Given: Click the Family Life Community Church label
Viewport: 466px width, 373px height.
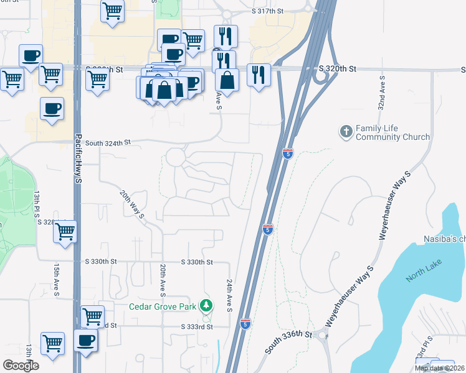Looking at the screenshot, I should pyautogui.click(x=392, y=132).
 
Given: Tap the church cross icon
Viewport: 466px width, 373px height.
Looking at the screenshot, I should pyautogui.click(x=346, y=132).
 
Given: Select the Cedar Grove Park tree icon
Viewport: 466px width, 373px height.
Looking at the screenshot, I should pyautogui.click(x=206, y=305).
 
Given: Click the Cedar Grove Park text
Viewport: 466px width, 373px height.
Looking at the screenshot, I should pyautogui.click(x=163, y=306).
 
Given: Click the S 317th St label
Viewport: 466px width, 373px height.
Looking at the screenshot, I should pyautogui.click(x=267, y=12).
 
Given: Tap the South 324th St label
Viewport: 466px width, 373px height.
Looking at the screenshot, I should pyautogui.click(x=108, y=142).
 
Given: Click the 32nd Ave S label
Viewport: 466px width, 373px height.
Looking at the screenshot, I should pyautogui.click(x=382, y=91).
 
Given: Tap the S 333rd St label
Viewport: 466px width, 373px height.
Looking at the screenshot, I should pyautogui.click(x=197, y=326).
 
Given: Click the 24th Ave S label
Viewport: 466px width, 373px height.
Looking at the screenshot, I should pyautogui.click(x=229, y=295).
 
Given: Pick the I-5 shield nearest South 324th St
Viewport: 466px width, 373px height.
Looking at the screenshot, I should pyautogui.click(x=287, y=153).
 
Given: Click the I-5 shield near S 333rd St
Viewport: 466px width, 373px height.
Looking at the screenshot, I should pyautogui.click(x=245, y=324).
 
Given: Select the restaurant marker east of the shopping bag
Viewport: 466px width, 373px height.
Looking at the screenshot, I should pyautogui.click(x=259, y=75).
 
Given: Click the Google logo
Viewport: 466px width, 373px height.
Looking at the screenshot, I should pyautogui.click(x=21, y=366).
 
